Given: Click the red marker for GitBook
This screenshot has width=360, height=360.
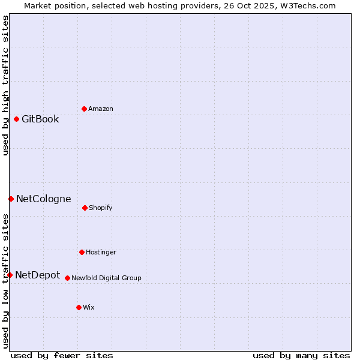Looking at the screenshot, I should pos(16,119).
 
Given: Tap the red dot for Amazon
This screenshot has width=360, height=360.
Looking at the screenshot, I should pos(84,109).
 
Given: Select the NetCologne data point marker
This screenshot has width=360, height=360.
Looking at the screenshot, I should pos(11,199).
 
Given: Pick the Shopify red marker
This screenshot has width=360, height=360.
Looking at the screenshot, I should pos(85,208).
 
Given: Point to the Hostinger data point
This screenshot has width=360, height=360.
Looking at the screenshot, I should pos(82,252).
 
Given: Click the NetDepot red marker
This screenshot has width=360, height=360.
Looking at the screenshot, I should pos(10,275).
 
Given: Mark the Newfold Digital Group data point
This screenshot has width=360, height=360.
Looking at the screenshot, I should pos(67,278).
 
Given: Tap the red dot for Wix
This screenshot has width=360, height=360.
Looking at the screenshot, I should pos(79,307).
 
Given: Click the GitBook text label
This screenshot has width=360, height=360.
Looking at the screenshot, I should pos(40,119).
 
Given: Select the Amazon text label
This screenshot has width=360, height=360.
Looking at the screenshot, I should pos(101,109).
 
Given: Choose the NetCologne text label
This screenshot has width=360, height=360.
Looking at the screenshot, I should pos(43,199).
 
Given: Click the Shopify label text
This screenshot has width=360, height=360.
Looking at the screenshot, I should pos(101,208).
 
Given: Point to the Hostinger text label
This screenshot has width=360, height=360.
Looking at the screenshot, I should pos(101,252).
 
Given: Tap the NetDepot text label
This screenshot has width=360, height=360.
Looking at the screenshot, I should pos(37,275).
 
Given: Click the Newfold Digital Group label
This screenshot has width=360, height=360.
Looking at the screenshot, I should pos(106,278).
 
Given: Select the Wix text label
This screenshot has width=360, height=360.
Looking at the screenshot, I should pos(89,307).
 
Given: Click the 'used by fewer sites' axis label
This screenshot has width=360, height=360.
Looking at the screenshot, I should pos(62,355).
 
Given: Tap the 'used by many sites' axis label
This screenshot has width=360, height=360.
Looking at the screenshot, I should pos(301,355).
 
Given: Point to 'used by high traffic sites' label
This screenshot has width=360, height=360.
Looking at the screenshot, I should pos(5,85).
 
